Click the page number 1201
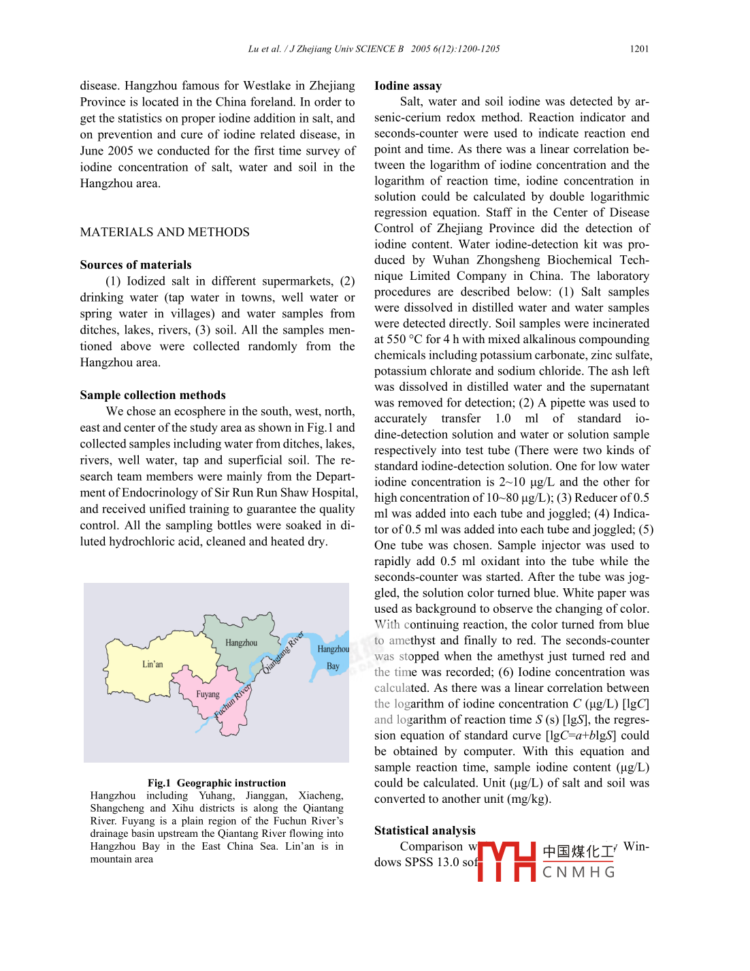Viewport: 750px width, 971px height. click(x=639, y=49)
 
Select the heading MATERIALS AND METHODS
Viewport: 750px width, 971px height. click(x=165, y=232)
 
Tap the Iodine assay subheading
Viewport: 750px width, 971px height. click(x=408, y=86)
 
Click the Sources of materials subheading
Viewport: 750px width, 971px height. click(x=135, y=265)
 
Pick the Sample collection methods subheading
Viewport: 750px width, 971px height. click(x=152, y=395)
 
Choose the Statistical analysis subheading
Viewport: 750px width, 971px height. click(x=425, y=831)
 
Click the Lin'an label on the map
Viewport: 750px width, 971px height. click(x=152, y=664)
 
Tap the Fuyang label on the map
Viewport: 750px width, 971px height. click(x=208, y=695)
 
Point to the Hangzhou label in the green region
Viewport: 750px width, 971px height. click(x=242, y=643)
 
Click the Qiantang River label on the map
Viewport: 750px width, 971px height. click(x=283, y=652)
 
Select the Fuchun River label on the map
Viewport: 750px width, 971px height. click(x=233, y=701)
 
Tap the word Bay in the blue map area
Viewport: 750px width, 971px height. click(x=333, y=667)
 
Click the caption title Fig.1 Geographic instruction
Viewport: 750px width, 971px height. click(x=216, y=783)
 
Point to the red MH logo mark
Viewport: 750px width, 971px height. click(x=507, y=861)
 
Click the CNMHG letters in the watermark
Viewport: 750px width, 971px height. click(x=579, y=872)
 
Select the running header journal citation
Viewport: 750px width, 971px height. click(x=374, y=49)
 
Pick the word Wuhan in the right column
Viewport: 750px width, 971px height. click(x=451, y=260)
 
